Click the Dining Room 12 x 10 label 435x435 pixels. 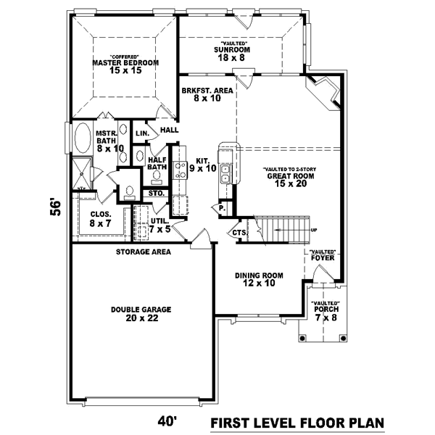[x=259, y=280]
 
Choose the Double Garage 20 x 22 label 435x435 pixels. [x=141, y=313]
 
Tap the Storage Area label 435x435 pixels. [x=143, y=252]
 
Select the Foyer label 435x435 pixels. [x=320, y=255]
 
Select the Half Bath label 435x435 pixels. [x=157, y=164]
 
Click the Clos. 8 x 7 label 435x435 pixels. [x=100, y=219]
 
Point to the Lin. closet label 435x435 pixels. [x=142, y=133]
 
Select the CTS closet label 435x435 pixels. [x=239, y=233]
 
